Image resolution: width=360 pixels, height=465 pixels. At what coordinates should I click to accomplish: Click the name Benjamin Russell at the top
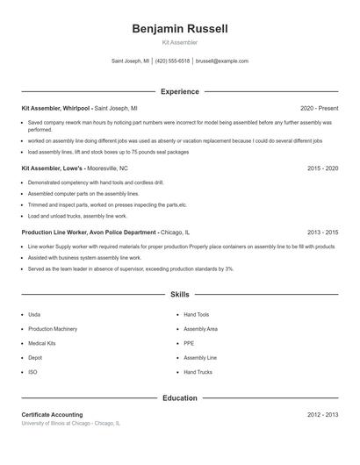point(180,29)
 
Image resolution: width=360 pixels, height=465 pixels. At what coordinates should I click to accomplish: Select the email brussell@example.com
point(222,61)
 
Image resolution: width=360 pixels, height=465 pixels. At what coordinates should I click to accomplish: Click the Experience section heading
point(180,91)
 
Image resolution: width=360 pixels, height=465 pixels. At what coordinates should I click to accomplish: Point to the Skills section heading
point(180,295)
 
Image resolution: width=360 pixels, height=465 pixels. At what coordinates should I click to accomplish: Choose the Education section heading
point(180,397)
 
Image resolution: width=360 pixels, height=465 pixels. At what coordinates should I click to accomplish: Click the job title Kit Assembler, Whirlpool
point(55,108)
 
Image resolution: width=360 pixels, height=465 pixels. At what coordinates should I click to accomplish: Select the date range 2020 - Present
point(319,108)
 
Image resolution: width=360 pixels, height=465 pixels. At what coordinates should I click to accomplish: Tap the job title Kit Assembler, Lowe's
point(51,168)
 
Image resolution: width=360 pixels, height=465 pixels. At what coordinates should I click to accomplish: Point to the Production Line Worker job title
point(89,232)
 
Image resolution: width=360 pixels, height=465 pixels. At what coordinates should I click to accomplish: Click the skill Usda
point(34,314)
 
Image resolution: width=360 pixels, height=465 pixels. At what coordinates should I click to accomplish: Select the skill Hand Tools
point(197,314)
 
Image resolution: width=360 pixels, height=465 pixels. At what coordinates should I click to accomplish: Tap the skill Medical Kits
point(41,343)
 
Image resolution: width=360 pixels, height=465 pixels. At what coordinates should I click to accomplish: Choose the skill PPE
point(189,343)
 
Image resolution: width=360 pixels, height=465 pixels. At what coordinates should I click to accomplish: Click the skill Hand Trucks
point(198,372)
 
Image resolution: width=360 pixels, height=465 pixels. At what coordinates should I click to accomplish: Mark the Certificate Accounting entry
point(52,414)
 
